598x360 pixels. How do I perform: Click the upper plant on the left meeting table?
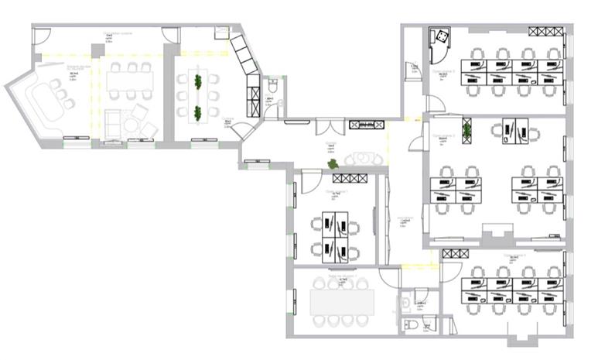coord(198,81)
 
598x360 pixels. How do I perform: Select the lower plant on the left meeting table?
coord(198,112)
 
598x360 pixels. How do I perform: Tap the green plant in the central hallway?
coord(333,164)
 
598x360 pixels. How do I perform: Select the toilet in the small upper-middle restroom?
coord(273,87)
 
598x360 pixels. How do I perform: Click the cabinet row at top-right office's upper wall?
coord(545,32)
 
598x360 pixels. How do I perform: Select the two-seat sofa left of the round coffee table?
coord(111,120)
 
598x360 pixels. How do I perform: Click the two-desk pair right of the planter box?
coord(520,131)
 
